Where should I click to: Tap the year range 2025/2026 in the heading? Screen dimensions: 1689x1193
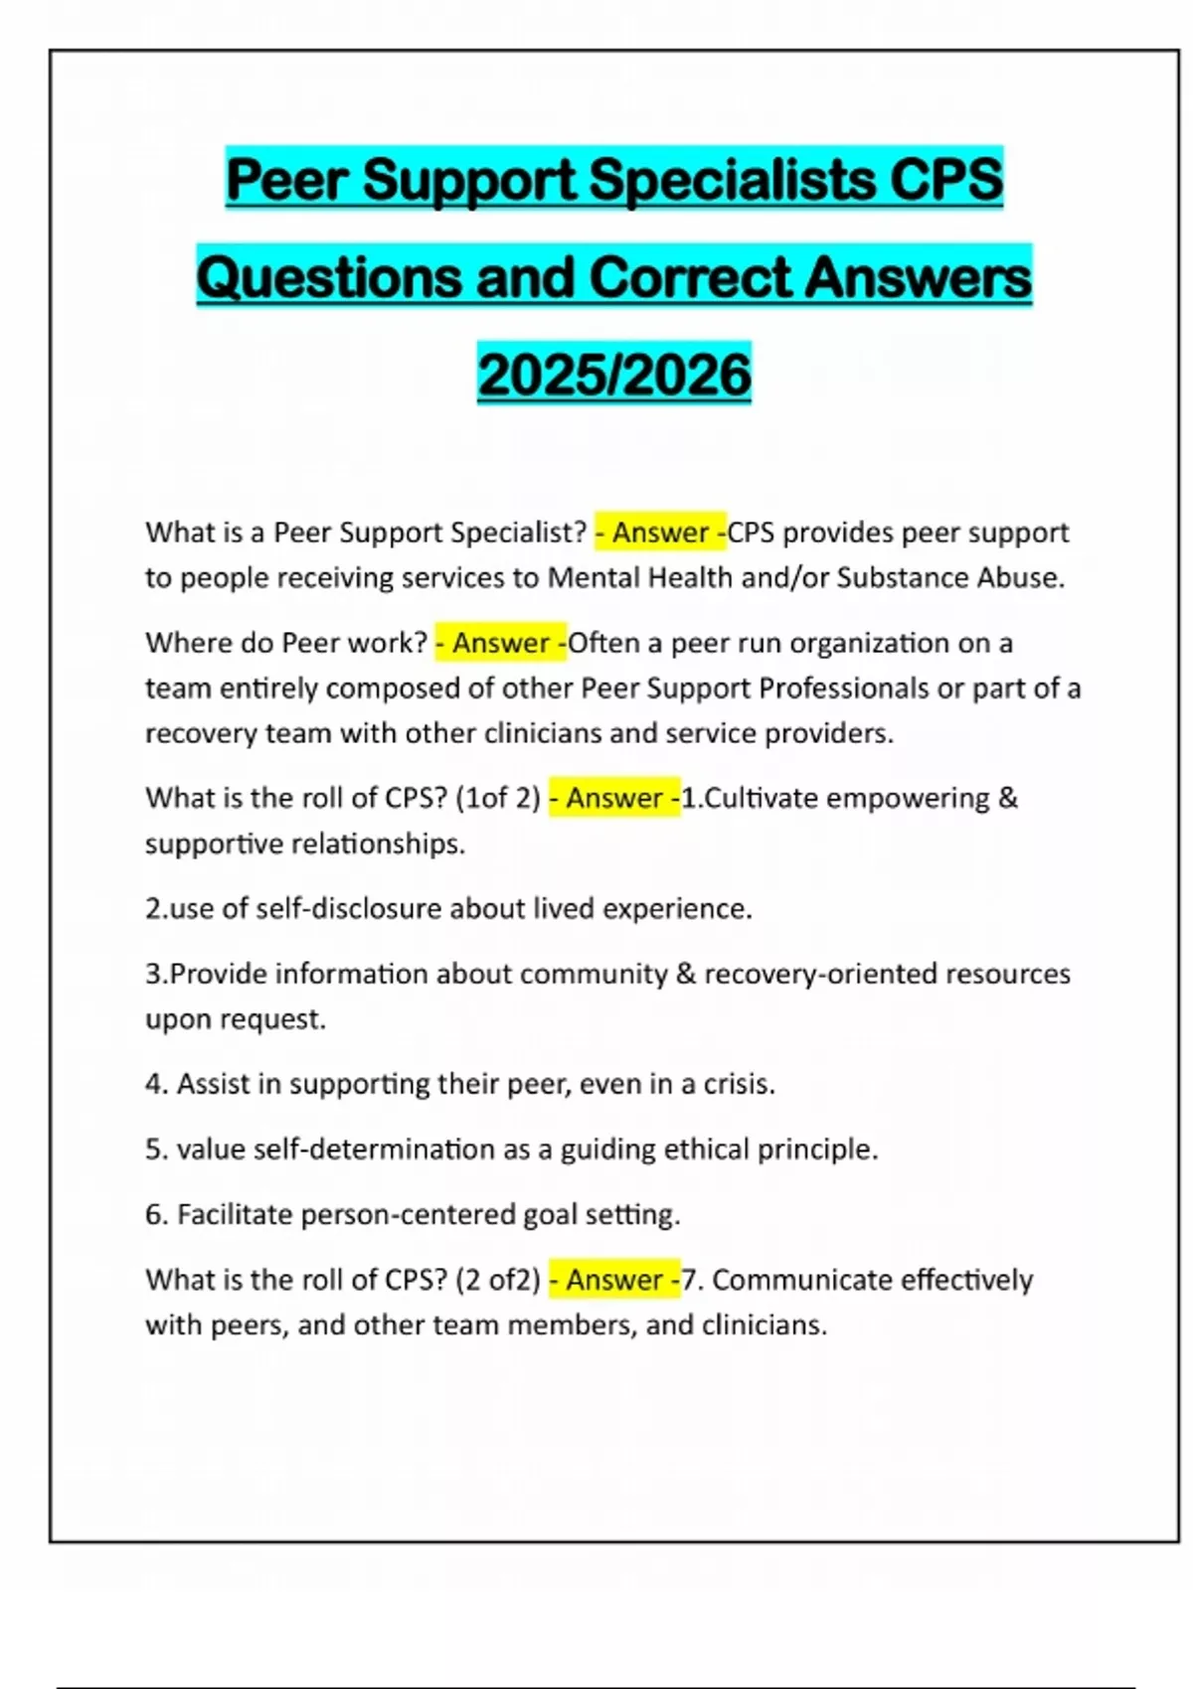[614, 375]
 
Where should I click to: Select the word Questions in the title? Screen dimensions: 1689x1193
[329, 276]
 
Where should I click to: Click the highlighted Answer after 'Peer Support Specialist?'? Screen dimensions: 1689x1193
[660, 533]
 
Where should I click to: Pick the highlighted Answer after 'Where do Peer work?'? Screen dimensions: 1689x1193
[501, 643]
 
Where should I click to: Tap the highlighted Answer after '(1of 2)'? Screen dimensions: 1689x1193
[614, 798]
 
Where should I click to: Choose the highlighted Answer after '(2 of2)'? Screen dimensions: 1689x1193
[614, 1280]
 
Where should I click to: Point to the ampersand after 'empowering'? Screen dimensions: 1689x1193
[1007, 798]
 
